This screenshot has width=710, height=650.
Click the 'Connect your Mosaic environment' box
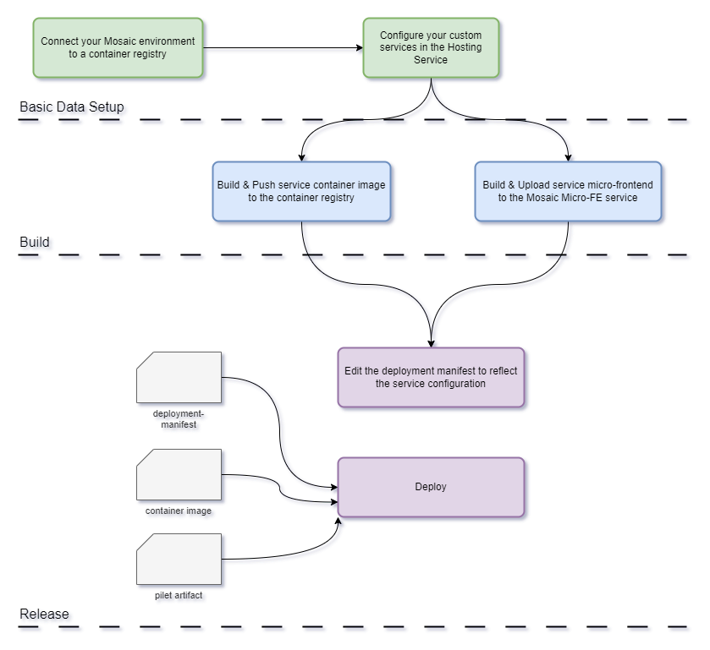tap(118, 48)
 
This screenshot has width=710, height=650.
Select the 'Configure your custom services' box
tap(431, 48)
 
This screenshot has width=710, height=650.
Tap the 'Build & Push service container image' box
tap(301, 192)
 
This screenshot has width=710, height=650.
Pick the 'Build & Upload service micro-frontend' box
tap(567, 192)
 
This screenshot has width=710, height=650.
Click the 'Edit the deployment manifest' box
tap(432, 378)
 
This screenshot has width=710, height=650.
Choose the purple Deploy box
tap(431, 487)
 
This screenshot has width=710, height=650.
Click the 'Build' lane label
tap(36, 243)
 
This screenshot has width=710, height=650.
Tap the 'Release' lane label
tap(46, 615)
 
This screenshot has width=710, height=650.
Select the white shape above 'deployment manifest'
tap(180, 378)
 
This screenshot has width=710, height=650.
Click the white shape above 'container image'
tap(180, 474)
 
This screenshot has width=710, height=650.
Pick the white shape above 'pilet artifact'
tap(180, 559)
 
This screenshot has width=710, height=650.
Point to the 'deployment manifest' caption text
tap(179, 420)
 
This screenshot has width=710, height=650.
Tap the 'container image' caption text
tap(179, 512)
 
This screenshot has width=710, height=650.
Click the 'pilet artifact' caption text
tap(179, 597)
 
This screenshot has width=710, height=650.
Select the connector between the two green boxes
tap(283, 51)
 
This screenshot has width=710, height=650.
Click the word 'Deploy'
tap(431, 487)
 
